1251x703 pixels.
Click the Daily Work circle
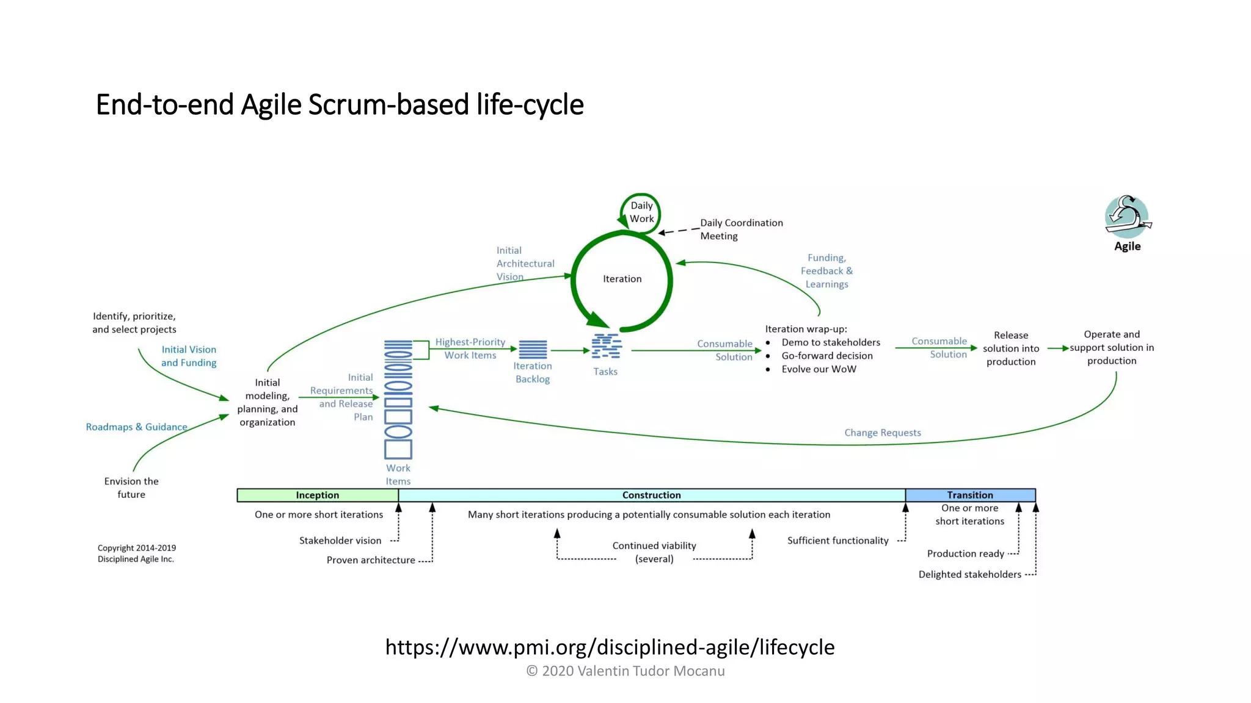click(x=641, y=212)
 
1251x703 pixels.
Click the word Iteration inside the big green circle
click(x=622, y=279)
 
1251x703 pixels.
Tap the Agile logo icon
click(x=1127, y=217)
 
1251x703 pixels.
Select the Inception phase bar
click(x=317, y=495)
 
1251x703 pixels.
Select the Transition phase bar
click(x=969, y=495)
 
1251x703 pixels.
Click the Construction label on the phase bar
click(x=651, y=495)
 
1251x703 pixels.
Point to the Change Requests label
click(x=882, y=433)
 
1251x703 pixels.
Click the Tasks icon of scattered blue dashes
click(x=606, y=346)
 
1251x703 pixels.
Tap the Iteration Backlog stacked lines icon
click(x=533, y=350)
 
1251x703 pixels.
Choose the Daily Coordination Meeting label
click(x=740, y=229)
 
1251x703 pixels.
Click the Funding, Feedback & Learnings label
click(x=826, y=271)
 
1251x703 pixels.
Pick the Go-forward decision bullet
click(x=826, y=356)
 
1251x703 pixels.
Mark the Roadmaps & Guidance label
click(x=136, y=427)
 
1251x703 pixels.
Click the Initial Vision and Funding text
click(x=189, y=356)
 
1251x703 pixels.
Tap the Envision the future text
click(x=131, y=488)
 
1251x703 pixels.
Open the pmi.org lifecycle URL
click(x=610, y=647)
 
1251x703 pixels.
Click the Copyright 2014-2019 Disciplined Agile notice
click(x=136, y=553)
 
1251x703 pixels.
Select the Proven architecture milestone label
click(x=371, y=560)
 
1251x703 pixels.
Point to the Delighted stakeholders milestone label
click(x=969, y=574)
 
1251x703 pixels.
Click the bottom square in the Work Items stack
click(x=398, y=450)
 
